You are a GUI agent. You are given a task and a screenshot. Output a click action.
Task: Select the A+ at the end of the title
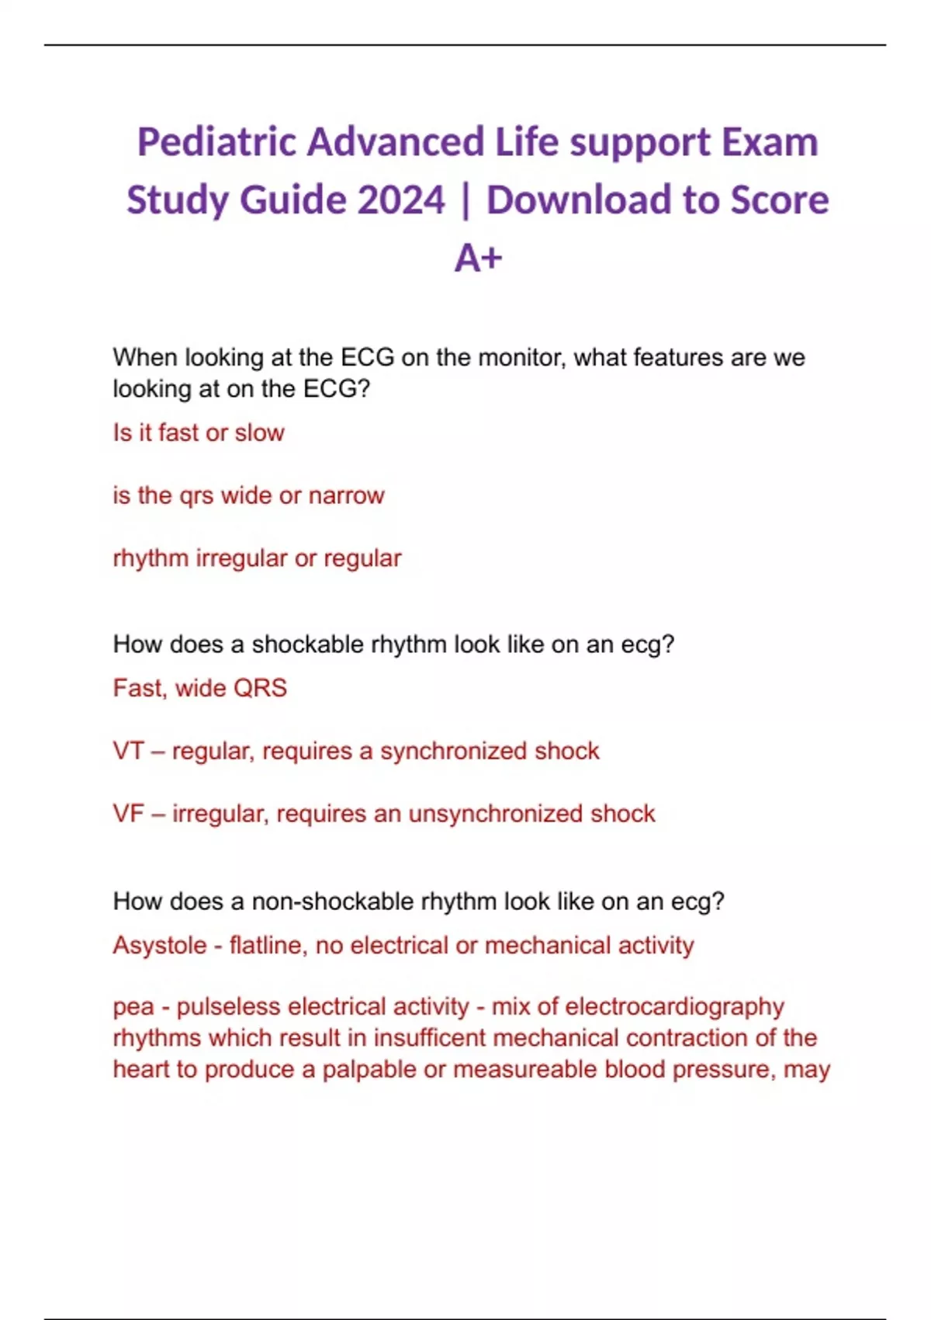478,258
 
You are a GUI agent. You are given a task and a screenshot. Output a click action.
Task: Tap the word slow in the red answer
260,432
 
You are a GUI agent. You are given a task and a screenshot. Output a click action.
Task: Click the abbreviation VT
128,751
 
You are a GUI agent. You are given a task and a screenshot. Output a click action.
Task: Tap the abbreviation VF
128,814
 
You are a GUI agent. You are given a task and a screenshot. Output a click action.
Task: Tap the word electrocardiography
674,1007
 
